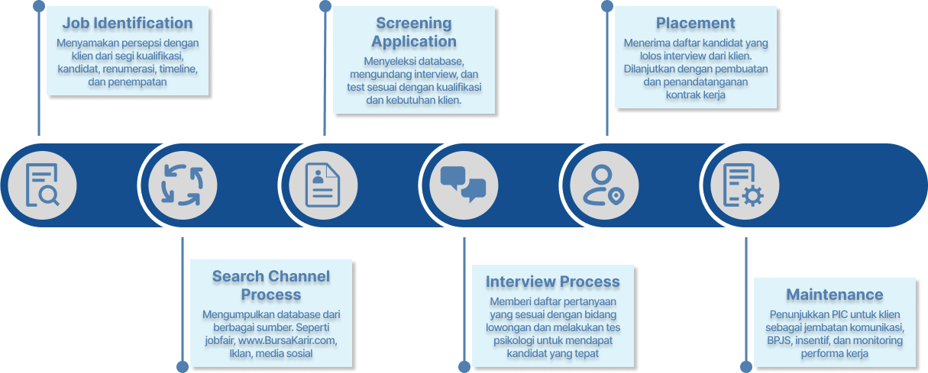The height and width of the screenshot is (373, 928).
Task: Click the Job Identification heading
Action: [128, 24]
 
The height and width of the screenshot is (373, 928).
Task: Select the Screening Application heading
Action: [414, 34]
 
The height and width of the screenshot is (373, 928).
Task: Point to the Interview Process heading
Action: [553, 283]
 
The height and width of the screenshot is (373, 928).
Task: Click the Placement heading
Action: [696, 24]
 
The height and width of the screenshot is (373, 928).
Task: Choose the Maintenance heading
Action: [834, 295]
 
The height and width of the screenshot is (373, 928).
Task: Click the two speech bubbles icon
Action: [463, 185]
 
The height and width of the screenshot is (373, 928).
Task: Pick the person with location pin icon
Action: [603, 185]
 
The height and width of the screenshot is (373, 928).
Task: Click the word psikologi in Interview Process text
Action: [509, 340]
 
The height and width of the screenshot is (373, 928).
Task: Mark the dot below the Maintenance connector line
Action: [746, 367]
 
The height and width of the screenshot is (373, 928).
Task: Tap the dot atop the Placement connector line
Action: [606, 6]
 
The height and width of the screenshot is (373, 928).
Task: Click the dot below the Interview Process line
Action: [464, 367]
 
